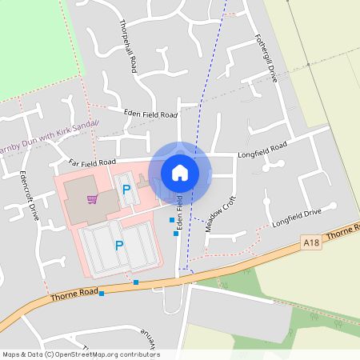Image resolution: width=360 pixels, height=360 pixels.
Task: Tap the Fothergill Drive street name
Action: pyautogui.click(x=265, y=58)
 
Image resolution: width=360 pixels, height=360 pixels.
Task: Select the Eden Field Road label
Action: pyautogui.click(x=150, y=114)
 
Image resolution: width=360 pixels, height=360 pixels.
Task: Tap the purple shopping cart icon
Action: pyautogui.click(x=92, y=198)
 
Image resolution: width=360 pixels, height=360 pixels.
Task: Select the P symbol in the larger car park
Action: pyautogui.click(x=119, y=246)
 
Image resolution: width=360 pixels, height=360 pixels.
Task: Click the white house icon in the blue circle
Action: pyautogui.click(x=180, y=171)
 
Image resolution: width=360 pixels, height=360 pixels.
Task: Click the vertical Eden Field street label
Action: pyautogui.click(x=181, y=211)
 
